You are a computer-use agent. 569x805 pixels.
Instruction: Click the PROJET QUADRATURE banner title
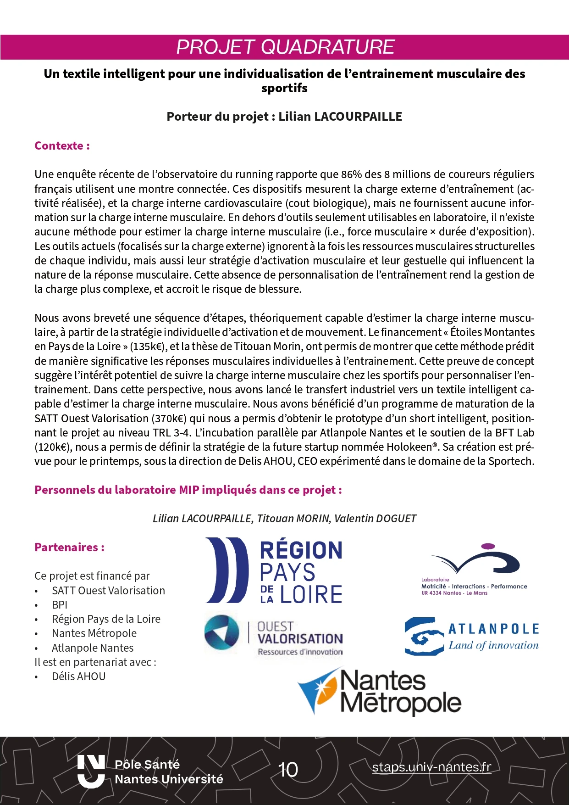285,47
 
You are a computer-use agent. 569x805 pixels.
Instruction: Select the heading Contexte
62,146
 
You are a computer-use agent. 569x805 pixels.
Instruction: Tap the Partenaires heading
69,547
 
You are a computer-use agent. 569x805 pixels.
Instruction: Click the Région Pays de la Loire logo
274,570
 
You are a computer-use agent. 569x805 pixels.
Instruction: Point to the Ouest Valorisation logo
274,635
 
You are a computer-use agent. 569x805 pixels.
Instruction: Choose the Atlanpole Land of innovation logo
471,636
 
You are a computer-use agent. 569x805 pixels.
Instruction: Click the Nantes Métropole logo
379,691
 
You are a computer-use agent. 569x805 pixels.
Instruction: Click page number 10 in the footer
288,770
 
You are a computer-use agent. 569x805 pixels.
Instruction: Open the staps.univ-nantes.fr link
431,767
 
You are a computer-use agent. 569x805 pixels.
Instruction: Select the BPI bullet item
60,605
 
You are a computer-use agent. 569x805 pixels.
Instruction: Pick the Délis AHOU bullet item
78,676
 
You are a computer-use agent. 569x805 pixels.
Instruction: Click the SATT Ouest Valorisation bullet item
108,591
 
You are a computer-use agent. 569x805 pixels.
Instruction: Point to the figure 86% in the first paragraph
352,175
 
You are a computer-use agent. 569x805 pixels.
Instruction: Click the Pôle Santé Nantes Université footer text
169,771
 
